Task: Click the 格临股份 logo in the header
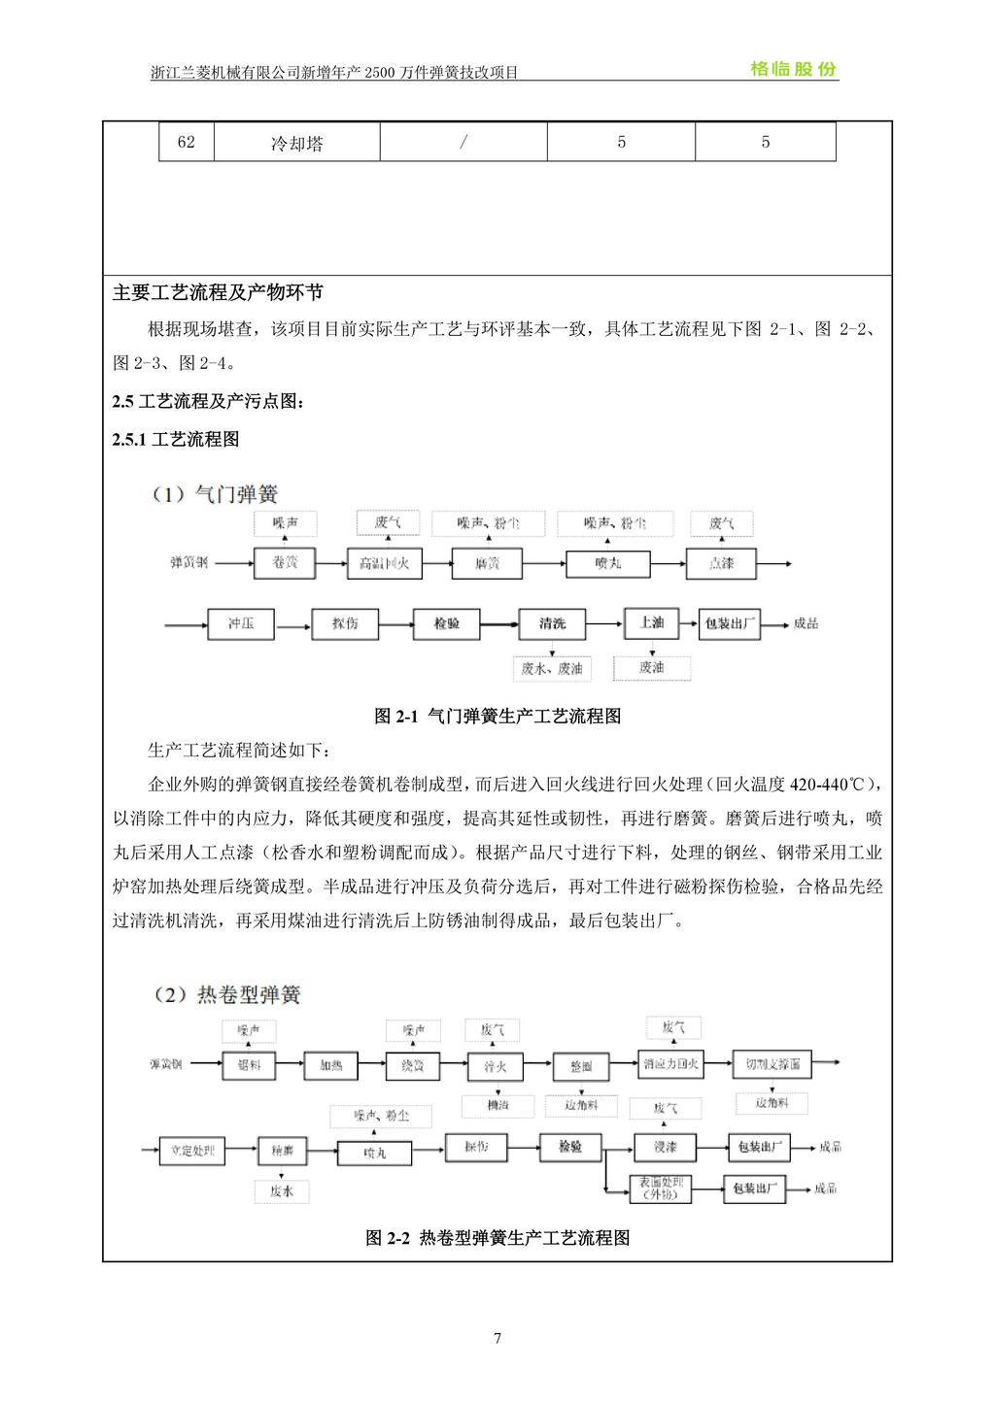pyautogui.click(x=793, y=69)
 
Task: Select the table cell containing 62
pyautogui.click(x=186, y=142)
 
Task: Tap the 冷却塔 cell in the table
pyautogui.click(x=296, y=143)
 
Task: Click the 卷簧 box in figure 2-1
pyautogui.click(x=285, y=563)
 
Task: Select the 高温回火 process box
pyautogui.click(x=384, y=564)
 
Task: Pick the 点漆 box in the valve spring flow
pyautogui.click(x=721, y=563)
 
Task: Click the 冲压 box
pyautogui.click(x=241, y=623)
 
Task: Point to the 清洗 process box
pyautogui.click(x=552, y=623)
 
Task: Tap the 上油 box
pyautogui.click(x=651, y=622)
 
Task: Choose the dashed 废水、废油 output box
pyautogui.click(x=551, y=668)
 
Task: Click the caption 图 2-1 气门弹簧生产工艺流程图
pyautogui.click(x=497, y=717)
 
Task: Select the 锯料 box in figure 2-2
pyautogui.click(x=250, y=1065)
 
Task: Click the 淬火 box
pyautogui.click(x=496, y=1066)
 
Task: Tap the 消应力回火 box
pyautogui.click(x=670, y=1064)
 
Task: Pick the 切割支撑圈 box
pyautogui.click(x=772, y=1064)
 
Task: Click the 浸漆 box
pyautogui.click(x=666, y=1148)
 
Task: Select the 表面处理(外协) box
pyautogui.click(x=661, y=1188)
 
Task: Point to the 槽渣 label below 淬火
pyautogui.click(x=497, y=1105)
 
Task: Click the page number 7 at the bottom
pyautogui.click(x=497, y=1339)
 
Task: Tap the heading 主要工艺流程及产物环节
pyautogui.click(x=219, y=292)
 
